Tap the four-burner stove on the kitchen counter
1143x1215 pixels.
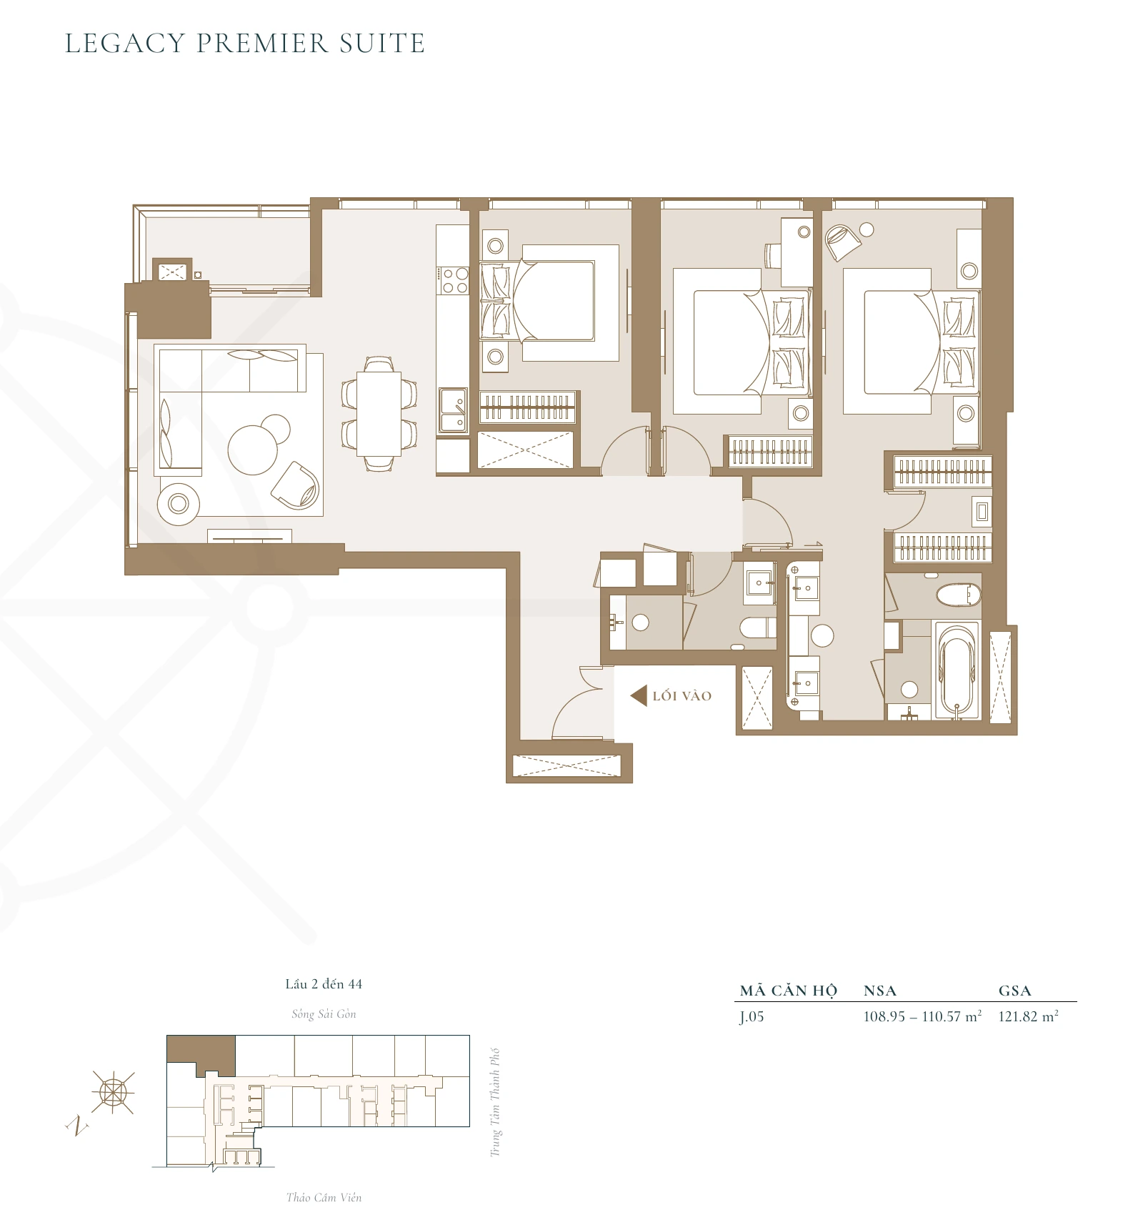click(453, 280)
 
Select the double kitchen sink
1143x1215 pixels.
click(453, 410)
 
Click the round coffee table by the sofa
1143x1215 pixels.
click(252, 450)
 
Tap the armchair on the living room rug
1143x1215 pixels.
click(296, 486)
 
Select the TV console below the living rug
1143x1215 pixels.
click(249, 536)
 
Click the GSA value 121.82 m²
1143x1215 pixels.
click(1027, 1017)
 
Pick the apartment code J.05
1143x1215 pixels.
click(752, 1017)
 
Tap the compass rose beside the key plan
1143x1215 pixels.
click(113, 1091)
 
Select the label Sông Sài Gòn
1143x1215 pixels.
click(324, 1013)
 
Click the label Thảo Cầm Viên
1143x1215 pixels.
click(324, 1197)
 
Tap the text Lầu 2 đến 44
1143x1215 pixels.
click(324, 984)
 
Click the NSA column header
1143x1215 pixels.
click(879, 991)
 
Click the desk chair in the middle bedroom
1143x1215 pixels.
click(773, 255)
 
